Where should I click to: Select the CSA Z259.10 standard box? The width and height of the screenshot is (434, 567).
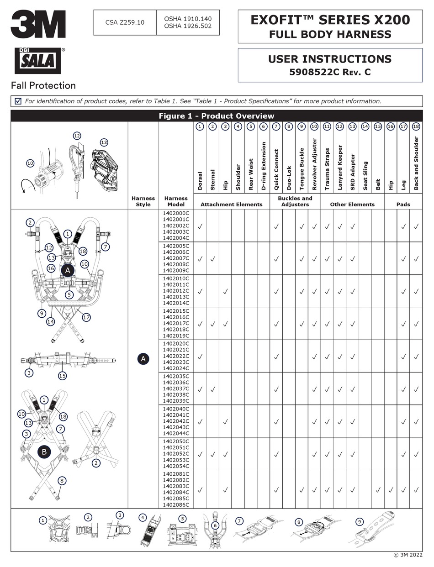tap(125, 22)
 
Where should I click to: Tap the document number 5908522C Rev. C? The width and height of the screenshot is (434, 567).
tap(330, 72)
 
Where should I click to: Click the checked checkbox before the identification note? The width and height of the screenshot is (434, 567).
tap(18, 101)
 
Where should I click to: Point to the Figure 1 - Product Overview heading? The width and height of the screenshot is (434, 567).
tap(216, 116)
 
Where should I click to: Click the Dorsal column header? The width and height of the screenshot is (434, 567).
tap(200, 181)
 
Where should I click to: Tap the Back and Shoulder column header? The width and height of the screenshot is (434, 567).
tap(416, 163)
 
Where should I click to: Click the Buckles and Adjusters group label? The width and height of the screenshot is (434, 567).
tap(295, 201)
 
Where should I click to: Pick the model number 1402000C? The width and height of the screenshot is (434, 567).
tap(176, 213)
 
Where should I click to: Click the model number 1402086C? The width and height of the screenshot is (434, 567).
tap(176, 505)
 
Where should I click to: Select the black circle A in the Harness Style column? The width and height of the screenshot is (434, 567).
tap(143, 359)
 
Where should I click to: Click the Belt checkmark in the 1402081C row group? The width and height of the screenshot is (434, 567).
tap(378, 490)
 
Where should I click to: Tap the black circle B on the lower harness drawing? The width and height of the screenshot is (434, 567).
tap(44, 452)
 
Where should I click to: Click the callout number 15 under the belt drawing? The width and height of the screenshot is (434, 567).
tap(63, 376)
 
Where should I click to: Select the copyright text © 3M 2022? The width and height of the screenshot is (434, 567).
tap(408, 555)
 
